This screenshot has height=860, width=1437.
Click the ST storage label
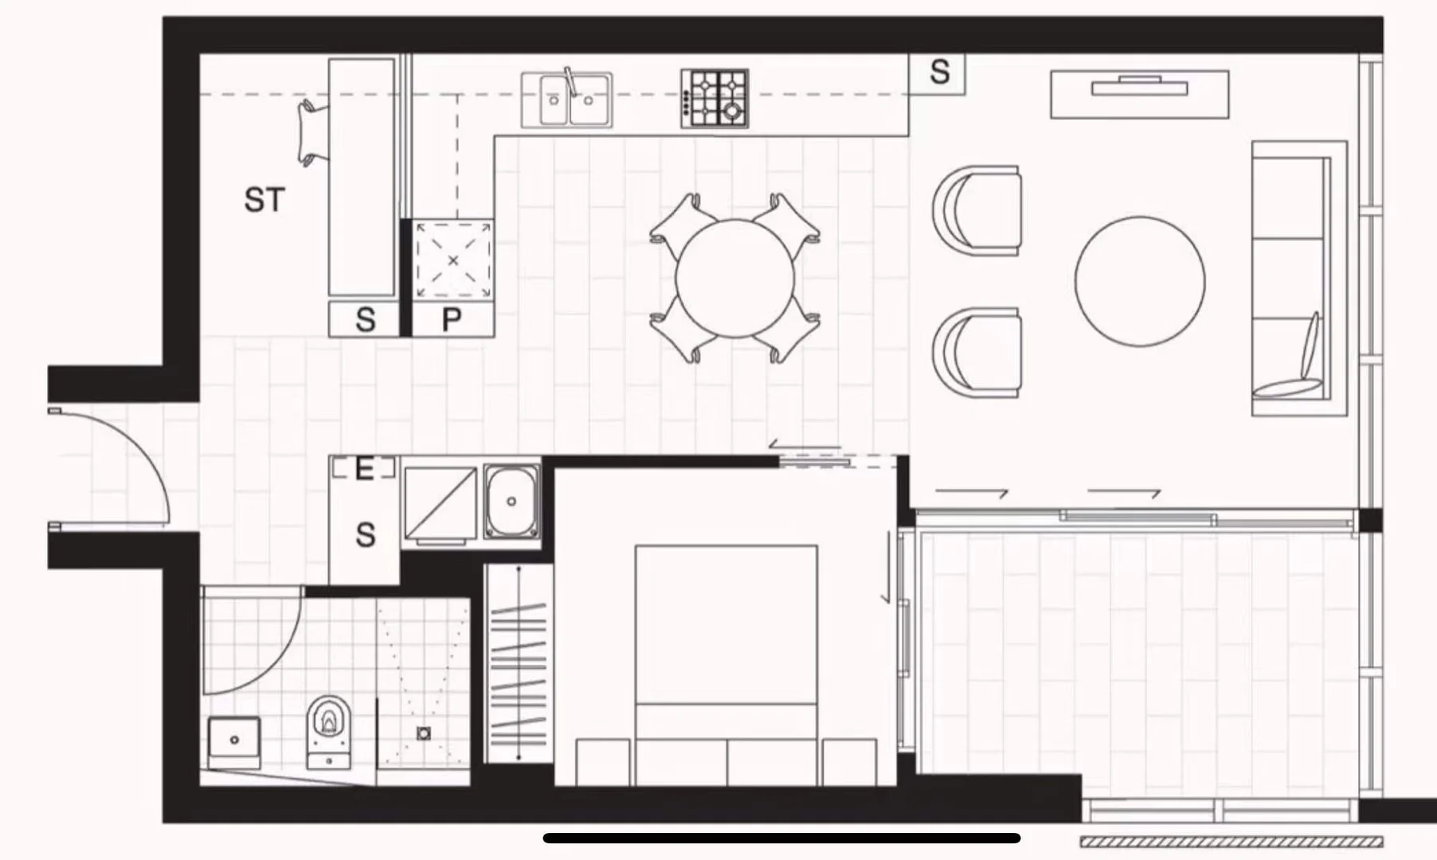264,200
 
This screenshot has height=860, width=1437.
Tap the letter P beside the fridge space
451,320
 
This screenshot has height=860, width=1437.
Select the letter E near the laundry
364,469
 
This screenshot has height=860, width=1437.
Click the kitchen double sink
567,100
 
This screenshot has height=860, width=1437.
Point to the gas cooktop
715,99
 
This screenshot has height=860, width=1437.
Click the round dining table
734,278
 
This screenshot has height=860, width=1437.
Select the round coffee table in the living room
1139,281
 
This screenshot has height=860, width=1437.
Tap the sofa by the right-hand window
1297,279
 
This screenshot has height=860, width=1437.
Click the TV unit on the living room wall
1139,94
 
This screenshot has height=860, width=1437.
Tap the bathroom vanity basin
233,740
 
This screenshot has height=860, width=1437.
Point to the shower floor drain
424,733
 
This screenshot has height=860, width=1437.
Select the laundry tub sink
511,501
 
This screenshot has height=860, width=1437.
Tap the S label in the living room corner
939,72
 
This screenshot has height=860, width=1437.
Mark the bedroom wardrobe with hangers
518,665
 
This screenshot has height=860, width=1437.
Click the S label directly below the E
365,535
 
